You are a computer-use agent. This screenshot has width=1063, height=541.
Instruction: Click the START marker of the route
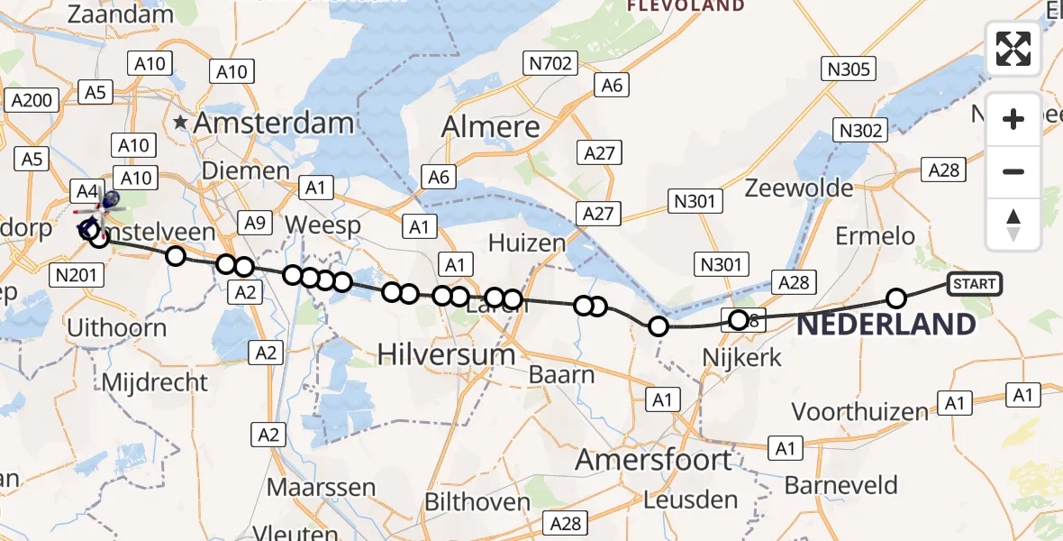tap(974, 284)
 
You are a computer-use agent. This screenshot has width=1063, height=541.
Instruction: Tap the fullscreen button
tap(1013, 49)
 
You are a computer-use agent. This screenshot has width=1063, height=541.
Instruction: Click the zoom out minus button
tap(1013, 171)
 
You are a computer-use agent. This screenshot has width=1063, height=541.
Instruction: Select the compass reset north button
tap(1013, 224)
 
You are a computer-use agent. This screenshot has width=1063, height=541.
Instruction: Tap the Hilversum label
tap(446, 354)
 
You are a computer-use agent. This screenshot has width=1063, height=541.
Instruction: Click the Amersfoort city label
tap(653, 461)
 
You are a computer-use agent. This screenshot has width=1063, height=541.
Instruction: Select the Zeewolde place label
tap(799, 188)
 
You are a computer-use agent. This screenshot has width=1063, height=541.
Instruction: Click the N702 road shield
tap(549, 62)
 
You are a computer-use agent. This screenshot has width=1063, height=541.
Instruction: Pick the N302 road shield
tap(859, 131)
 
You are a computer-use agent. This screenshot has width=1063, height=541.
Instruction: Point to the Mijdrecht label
tap(155, 381)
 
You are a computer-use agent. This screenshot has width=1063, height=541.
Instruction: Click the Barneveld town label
tap(841, 485)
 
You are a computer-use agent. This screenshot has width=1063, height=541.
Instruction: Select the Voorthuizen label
tap(859, 412)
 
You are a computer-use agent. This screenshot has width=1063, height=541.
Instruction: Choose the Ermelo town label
tap(875, 236)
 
